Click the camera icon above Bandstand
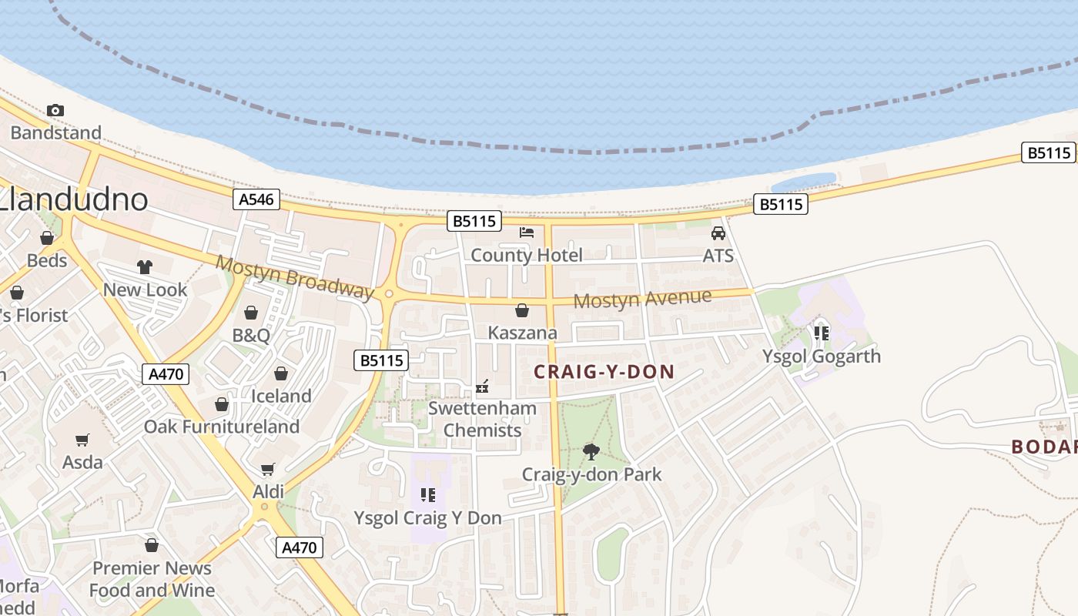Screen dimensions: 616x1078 click(55, 111)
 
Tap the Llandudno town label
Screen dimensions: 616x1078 click(74, 200)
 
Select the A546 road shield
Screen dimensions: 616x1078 click(256, 200)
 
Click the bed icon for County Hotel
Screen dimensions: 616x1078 click(527, 232)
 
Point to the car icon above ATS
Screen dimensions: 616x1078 click(718, 233)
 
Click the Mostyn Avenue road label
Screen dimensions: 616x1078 click(642, 299)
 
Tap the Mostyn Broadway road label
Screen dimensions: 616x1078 click(294, 276)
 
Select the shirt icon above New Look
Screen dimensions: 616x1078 click(145, 267)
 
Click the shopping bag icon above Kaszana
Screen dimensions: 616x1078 click(522, 310)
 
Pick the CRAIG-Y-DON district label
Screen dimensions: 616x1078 click(604, 372)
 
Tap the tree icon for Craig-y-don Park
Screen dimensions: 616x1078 click(591, 451)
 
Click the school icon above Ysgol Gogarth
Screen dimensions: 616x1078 click(822, 333)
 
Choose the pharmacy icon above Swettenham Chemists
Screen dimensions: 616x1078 click(483, 386)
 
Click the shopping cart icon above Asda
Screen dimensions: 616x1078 click(82, 440)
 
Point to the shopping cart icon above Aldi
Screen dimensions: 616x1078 click(268, 469)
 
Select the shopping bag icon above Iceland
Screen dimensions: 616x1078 click(281, 373)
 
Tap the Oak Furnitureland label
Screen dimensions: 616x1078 click(222, 427)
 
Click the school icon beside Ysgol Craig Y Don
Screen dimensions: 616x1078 click(428, 495)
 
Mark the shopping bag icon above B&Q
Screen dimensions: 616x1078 click(251, 313)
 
